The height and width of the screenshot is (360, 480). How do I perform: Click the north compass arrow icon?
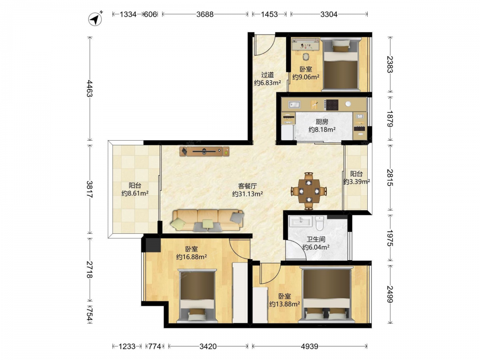pos(95,19)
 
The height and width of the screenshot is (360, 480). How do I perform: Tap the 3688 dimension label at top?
pos(205,14)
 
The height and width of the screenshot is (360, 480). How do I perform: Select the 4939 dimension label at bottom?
pos(310,346)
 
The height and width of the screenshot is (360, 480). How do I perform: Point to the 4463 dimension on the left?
pos(89,88)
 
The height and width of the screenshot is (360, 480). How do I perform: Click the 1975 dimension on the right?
pos(390,238)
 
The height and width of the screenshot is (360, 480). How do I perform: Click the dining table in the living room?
pos(309,192)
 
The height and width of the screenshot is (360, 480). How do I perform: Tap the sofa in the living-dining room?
pos(207,220)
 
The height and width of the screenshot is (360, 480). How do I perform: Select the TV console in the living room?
pos(204,151)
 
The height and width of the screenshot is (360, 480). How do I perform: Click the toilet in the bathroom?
pos(319,223)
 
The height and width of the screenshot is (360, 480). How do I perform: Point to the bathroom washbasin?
pos(300,221)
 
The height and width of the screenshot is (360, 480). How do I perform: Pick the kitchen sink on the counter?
pos(295,105)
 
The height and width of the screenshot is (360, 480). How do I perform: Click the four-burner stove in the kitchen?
pos(332,105)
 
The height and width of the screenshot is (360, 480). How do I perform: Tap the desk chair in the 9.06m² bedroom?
pos(306,57)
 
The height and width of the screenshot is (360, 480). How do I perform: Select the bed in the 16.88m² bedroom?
pos(197,296)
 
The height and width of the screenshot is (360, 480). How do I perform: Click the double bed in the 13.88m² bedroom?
pos(326,295)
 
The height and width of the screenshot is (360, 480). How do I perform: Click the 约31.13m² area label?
pos(247,194)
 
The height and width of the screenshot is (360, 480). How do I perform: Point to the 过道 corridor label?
pos(267,75)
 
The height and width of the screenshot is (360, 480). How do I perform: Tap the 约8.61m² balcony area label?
pos(135,193)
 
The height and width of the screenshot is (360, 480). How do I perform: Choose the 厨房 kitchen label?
pos(322,121)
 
